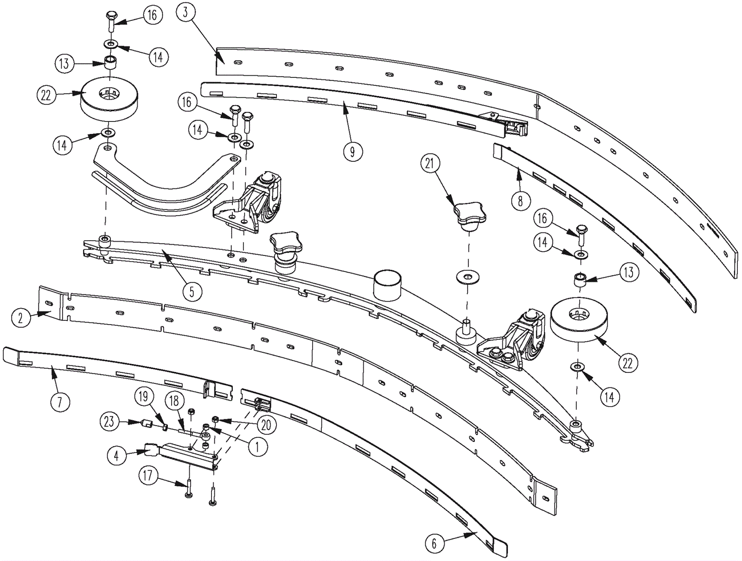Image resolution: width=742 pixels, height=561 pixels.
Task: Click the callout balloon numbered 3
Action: (x=185, y=13)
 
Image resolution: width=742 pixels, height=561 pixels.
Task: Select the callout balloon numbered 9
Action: (x=352, y=152)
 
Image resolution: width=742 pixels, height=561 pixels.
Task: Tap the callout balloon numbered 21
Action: (x=430, y=164)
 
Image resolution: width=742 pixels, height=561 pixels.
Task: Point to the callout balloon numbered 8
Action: (x=520, y=201)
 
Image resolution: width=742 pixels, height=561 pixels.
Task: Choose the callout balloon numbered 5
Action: (x=192, y=291)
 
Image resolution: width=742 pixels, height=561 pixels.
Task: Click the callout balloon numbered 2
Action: (x=20, y=318)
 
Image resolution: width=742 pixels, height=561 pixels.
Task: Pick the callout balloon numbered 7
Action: (x=59, y=402)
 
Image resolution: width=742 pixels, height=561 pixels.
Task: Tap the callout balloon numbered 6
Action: (x=434, y=543)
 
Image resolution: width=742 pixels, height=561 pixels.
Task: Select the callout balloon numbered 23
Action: (x=109, y=422)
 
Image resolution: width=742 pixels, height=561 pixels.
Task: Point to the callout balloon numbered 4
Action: (x=116, y=456)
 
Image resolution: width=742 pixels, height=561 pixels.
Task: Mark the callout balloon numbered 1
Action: (x=258, y=446)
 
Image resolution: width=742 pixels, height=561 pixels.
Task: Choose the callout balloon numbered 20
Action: (x=268, y=425)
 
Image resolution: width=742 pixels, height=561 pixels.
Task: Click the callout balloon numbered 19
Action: (x=143, y=396)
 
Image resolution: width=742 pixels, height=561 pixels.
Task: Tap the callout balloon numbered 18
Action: (x=174, y=402)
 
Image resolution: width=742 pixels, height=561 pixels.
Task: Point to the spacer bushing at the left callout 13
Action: (x=110, y=63)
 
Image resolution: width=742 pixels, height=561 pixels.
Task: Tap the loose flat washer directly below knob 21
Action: (x=467, y=277)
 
